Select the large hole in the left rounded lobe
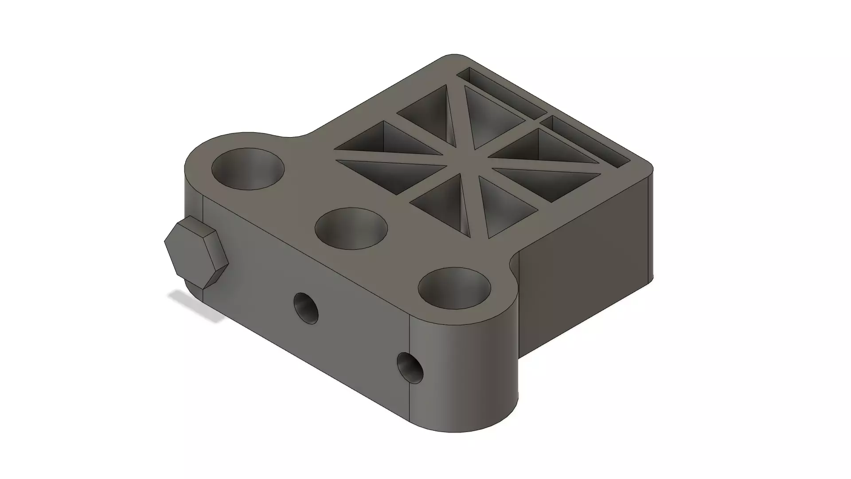pos(248,169)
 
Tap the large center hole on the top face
pos(351,228)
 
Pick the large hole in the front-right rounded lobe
pos(455,288)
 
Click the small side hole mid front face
pos(306,308)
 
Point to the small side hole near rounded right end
pos(410,367)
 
